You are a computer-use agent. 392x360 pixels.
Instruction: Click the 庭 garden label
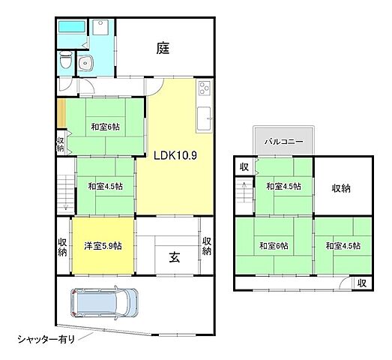pyautogui.click(x=163, y=49)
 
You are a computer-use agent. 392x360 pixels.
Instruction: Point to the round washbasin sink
pyautogui.click(x=86, y=63)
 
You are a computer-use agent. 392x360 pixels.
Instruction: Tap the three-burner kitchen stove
pyautogui.click(x=204, y=93)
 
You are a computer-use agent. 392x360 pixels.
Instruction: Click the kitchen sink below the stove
pyautogui.click(x=204, y=117)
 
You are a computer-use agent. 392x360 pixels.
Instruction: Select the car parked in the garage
pyautogui.click(x=104, y=304)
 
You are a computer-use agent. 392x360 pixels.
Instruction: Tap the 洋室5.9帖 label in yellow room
pyautogui.click(x=103, y=246)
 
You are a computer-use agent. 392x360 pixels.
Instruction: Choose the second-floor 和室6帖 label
pyautogui.click(x=273, y=245)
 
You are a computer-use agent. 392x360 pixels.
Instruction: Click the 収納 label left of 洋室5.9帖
pyautogui.click(x=63, y=247)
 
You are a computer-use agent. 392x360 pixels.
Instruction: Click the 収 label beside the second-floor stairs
pyautogui.click(x=244, y=166)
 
